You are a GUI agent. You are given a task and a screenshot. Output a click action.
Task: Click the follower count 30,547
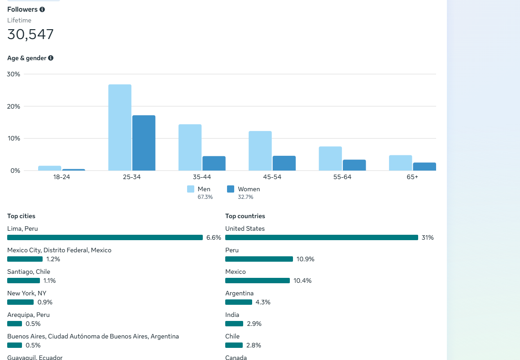click(31, 35)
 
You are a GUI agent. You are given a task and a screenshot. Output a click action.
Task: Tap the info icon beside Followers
click(42, 9)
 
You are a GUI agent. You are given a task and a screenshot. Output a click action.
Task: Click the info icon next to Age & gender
click(51, 58)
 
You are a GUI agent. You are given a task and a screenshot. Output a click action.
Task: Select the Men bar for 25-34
click(120, 127)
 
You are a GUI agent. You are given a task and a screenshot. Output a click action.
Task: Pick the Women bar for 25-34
click(144, 143)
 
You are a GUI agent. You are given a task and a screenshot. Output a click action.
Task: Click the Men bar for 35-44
click(190, 147)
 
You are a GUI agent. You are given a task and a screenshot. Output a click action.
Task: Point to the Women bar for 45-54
click(284, 163)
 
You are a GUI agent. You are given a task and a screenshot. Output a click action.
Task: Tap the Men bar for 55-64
click(330, 158)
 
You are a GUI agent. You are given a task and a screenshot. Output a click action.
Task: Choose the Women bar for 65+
click(424, 167)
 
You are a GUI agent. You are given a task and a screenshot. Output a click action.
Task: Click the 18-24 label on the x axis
click(61, 177)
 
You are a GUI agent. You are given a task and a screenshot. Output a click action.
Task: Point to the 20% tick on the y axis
click(14, 106)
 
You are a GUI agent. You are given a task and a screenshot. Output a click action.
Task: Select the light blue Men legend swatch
click(191, 189)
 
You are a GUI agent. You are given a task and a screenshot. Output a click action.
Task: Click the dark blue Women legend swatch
click(231, 189)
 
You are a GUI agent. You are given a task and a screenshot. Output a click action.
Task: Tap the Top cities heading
click(21, 216)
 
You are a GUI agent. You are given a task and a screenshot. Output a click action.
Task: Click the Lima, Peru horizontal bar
click(105, 237)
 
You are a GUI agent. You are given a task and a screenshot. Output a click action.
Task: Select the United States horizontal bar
click(321, 237)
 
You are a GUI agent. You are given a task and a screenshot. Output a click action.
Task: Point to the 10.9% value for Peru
click(306, 259)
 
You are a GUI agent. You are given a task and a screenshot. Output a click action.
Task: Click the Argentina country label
click(239, 293)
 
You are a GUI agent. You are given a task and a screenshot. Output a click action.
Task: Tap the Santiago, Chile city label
click(29, 272)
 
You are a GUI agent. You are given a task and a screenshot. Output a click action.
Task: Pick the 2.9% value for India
click(254, 324)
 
